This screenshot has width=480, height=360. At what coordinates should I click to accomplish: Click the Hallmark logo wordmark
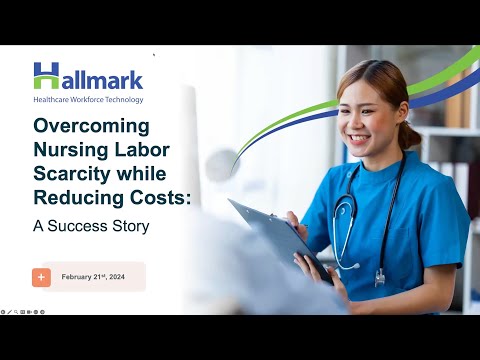point(88,78)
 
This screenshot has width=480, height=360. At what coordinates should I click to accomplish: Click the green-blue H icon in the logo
point(46,75)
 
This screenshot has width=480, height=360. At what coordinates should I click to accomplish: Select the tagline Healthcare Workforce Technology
point(88,99)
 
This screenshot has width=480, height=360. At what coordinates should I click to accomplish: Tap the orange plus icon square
point(41,277)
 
